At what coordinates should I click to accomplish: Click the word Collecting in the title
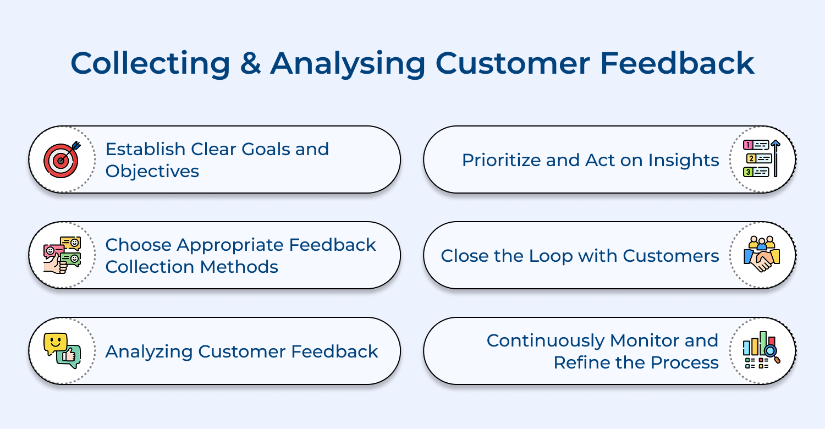point(150,63)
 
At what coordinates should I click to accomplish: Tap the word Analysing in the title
point(348,63)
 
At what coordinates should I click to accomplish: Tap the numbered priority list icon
point(762,159)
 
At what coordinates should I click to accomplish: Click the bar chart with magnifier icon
point(762,350)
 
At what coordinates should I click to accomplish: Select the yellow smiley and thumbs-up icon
point(62,350)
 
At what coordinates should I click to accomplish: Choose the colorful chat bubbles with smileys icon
point(62,255)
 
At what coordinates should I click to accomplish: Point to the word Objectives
point(152,171)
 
